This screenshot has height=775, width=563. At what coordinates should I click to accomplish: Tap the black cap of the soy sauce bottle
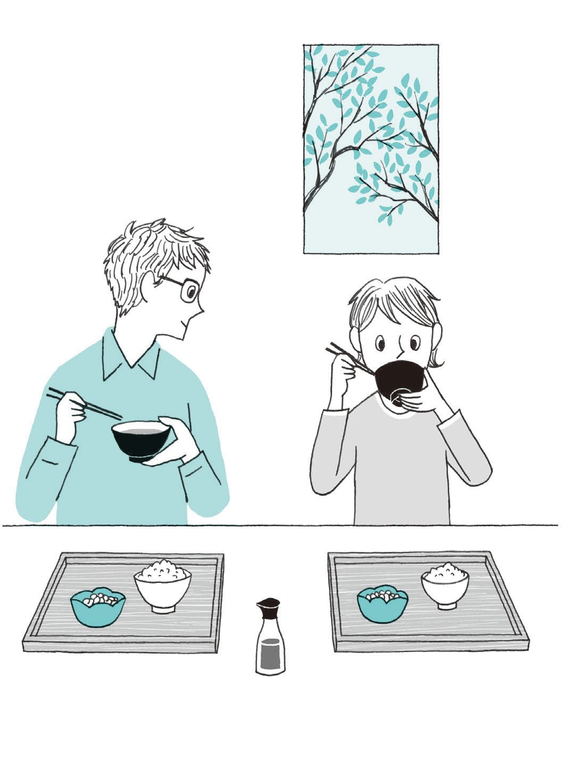pos(269,607)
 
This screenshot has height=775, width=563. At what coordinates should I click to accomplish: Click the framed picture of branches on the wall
pos(370,148)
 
